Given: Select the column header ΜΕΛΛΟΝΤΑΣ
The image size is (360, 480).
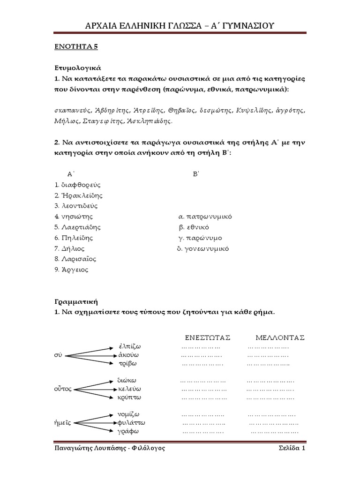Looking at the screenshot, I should tap(280, 337).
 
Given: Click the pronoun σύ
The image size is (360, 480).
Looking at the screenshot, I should tap(58, 355).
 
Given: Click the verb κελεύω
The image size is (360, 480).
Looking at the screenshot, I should tap(129, 389).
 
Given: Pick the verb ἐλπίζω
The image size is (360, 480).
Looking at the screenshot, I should tap(130, 347).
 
